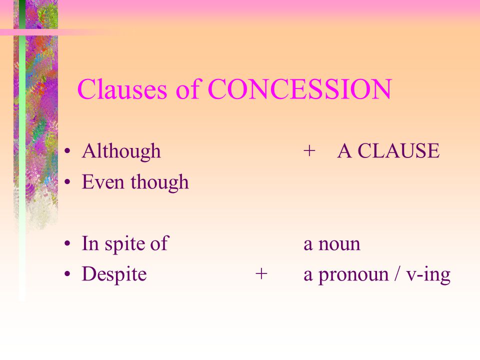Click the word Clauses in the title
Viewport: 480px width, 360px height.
122,89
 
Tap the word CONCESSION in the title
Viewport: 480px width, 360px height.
299,89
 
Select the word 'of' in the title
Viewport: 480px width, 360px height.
187,89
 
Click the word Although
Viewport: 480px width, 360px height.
121,151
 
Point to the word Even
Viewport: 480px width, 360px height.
102,182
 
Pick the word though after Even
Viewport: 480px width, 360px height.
160,182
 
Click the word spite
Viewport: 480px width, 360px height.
124,244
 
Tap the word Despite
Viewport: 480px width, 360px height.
114,274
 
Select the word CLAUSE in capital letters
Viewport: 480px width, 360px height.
398,150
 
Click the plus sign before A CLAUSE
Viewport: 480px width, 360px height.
309,151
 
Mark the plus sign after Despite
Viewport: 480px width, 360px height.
261,273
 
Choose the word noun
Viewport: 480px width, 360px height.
339,244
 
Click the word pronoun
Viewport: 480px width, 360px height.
353,275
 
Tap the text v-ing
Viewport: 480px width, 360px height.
428,275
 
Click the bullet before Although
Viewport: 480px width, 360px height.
67,151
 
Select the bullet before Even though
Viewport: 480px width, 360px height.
67,182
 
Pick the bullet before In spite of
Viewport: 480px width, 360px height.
67,244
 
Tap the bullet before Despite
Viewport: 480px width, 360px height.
67,274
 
